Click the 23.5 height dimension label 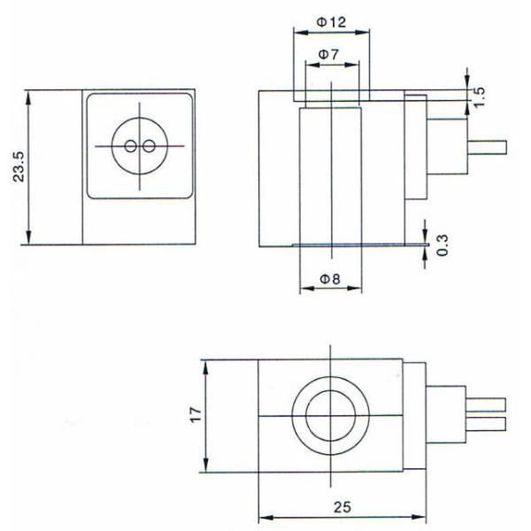coord(19,166)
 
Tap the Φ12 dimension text coord(331,22)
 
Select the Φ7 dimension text coord(328,54)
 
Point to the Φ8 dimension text coord(330,280)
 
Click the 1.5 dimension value coord(479,97)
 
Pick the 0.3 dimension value coord(442,245)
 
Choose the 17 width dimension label coord(196,415)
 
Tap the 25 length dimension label coord(342,507)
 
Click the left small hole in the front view coord(130,146)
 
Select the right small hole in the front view coord(149,146)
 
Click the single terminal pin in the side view coord(487,147)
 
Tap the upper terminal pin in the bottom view coord(486,404)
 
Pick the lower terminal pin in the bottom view coord(486,424)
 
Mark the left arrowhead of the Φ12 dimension coord(301,33)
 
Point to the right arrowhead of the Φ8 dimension coord(355,289)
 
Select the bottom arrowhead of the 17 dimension coord(205,465)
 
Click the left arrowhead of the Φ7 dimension coord(312,65)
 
